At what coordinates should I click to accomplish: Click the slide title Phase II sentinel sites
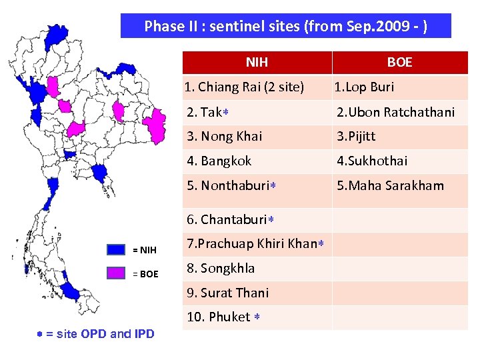tap(285, 27)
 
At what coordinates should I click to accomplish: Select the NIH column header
tap(257, 63)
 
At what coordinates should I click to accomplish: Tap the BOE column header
tap(399, 63)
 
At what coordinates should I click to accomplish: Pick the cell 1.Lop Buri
tap(364, 87)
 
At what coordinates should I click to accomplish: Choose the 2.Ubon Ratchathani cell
tap(395, 112)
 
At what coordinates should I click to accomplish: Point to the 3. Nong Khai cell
tap(225, 136)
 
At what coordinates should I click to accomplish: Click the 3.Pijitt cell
tap(356, 136)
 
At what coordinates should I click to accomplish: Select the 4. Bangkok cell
tap(219, 161)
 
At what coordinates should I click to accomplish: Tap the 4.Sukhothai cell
tap(372, 161)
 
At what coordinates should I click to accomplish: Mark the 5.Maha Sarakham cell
tap(390, 185)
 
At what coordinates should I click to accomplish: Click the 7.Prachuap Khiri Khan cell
tap(251, 243)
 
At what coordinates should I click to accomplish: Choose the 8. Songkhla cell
tap(221, 268)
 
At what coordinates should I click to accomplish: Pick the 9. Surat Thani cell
tap(228, 293)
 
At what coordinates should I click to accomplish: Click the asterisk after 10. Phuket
tap(257, 317)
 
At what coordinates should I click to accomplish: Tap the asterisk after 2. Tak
tap(226, 112)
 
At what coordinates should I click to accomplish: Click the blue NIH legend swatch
tap(116, 250)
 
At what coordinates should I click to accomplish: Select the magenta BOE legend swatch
tap(116, 273)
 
